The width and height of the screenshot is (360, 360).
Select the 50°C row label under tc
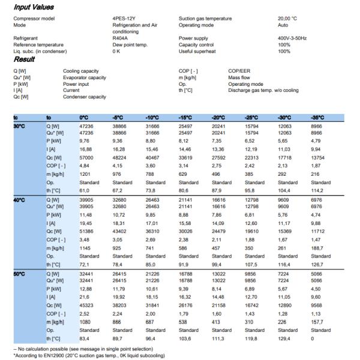coord(20,274)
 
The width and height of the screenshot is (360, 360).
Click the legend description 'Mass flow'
coord(240,77)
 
